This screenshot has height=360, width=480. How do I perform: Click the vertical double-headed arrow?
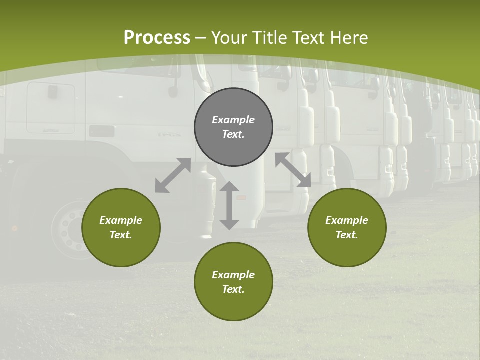click(229, 205)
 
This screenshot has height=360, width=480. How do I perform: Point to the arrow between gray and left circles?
click(173, 175)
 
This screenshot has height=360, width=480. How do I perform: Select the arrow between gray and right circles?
click(293, 170)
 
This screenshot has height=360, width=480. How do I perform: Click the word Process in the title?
click(157, 37)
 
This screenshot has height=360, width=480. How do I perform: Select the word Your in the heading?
click(230, 37)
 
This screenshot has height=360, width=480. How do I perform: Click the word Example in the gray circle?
click(233, 120)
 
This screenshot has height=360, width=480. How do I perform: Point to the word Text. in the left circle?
click(121, 235)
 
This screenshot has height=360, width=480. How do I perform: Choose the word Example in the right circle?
click(347, 220)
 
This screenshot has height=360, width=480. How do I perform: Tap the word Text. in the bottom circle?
click(233, 289)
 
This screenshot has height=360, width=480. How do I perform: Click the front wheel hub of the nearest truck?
click(70, 230)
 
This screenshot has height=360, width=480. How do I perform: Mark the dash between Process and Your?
click(201, 38)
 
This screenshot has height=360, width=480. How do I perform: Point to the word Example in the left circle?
click(121, 220)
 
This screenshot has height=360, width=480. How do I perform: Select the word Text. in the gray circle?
click(233, 134)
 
